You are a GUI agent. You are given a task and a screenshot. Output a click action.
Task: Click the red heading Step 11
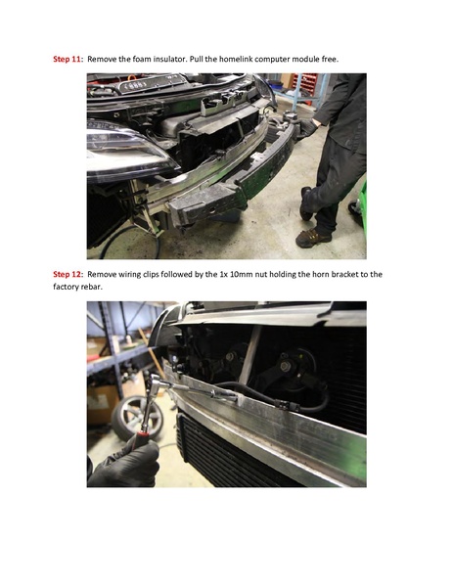coord(67,59)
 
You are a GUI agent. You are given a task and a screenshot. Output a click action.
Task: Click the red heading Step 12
coord(67,274)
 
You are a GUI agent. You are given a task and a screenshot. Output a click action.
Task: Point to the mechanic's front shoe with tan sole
coord(312,238)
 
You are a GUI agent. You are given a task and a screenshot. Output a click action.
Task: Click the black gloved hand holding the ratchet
coord(124,464)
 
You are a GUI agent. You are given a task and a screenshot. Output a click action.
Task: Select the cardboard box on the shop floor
coord(100,404)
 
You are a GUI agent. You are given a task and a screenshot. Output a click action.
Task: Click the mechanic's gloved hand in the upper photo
coord(307,128)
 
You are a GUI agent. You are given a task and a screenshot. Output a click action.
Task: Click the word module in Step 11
coord(305,59)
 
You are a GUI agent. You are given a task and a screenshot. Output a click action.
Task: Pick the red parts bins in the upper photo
coord(305,87)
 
